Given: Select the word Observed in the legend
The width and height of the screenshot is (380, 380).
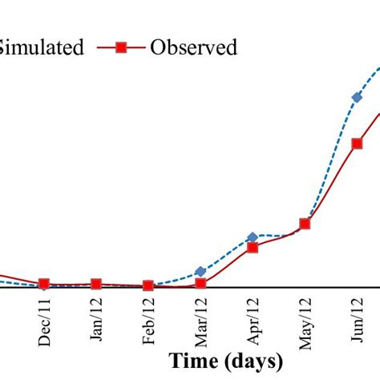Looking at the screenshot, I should (x=193, y=48).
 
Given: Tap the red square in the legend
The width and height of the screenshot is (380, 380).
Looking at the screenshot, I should (x=121, y=48).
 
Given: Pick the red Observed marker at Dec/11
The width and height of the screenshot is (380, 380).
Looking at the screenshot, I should (x=44, y=284).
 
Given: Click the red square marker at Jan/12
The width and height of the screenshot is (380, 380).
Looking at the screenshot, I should (x=96, y=284).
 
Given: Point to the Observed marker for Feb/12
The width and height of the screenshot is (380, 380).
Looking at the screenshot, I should (x=148, y=285).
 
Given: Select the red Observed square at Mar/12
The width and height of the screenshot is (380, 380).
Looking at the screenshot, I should (x=200, y=283).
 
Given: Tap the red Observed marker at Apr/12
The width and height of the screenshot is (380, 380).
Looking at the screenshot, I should (x=253, y=248).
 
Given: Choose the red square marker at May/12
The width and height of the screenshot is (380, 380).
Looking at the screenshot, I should (x=305, y=224).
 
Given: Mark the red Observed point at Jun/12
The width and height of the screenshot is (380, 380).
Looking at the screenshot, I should (x=357, y=144).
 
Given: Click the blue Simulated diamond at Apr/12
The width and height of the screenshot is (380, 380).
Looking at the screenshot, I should (x=253, y=237).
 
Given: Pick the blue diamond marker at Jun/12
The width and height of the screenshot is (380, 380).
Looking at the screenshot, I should (x=357, y=98).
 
